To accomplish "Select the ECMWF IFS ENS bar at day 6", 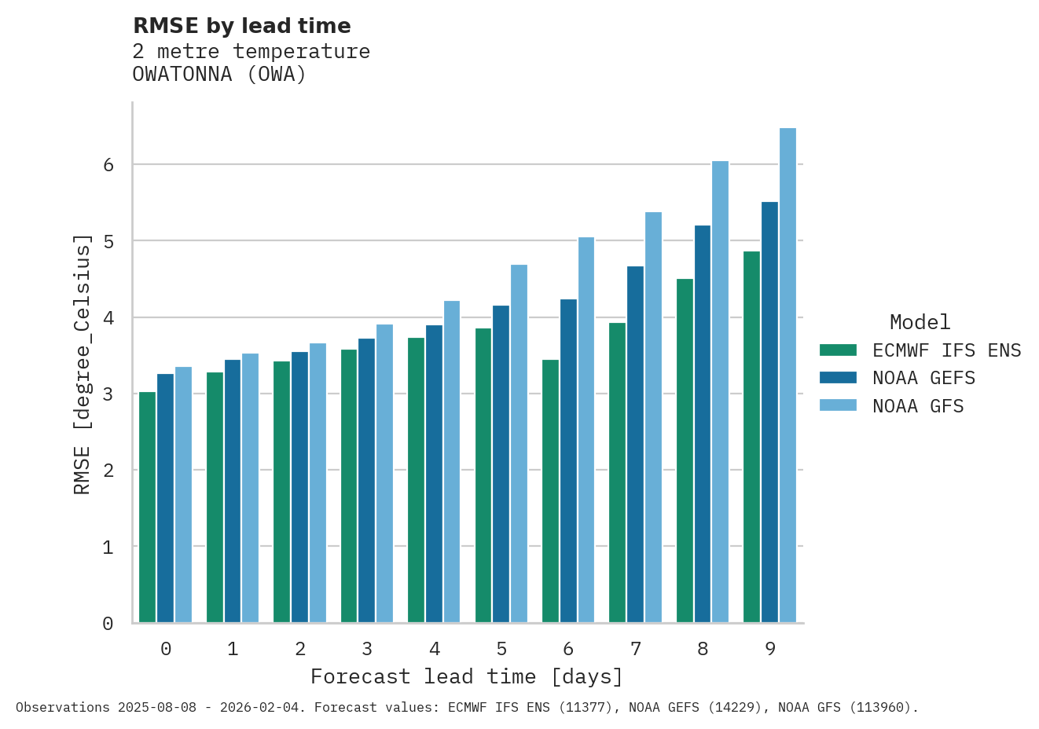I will point(550,491).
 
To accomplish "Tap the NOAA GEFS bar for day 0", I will point(165,498).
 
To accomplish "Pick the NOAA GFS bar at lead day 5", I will point(519,444).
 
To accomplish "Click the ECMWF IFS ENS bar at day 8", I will point(685,451).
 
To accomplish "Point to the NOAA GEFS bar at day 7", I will point(635,445).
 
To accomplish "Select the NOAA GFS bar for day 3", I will point(384,474).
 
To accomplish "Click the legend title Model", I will point(920,322).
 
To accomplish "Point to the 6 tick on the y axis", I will point(108,165).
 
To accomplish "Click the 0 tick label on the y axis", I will point(108,624).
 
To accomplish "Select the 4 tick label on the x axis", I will point(435,649).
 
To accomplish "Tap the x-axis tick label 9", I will point(770,649).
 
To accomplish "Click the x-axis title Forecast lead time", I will point(467,676).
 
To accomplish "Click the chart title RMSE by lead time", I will point(242,26).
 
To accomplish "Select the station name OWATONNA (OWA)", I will point(219,75).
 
